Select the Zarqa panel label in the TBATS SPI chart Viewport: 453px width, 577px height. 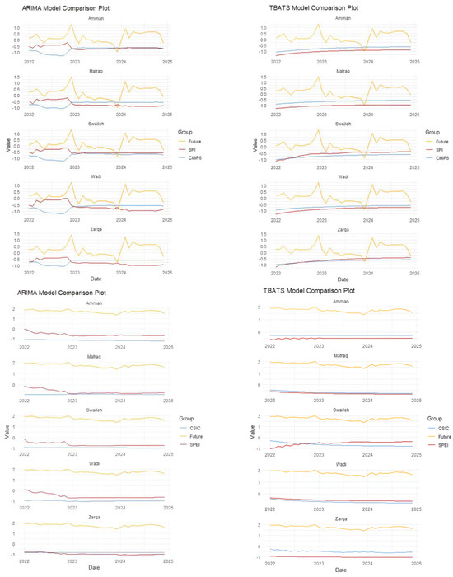tap(344, 233)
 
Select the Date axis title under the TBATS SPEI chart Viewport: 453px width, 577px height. tap(344, 570)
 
